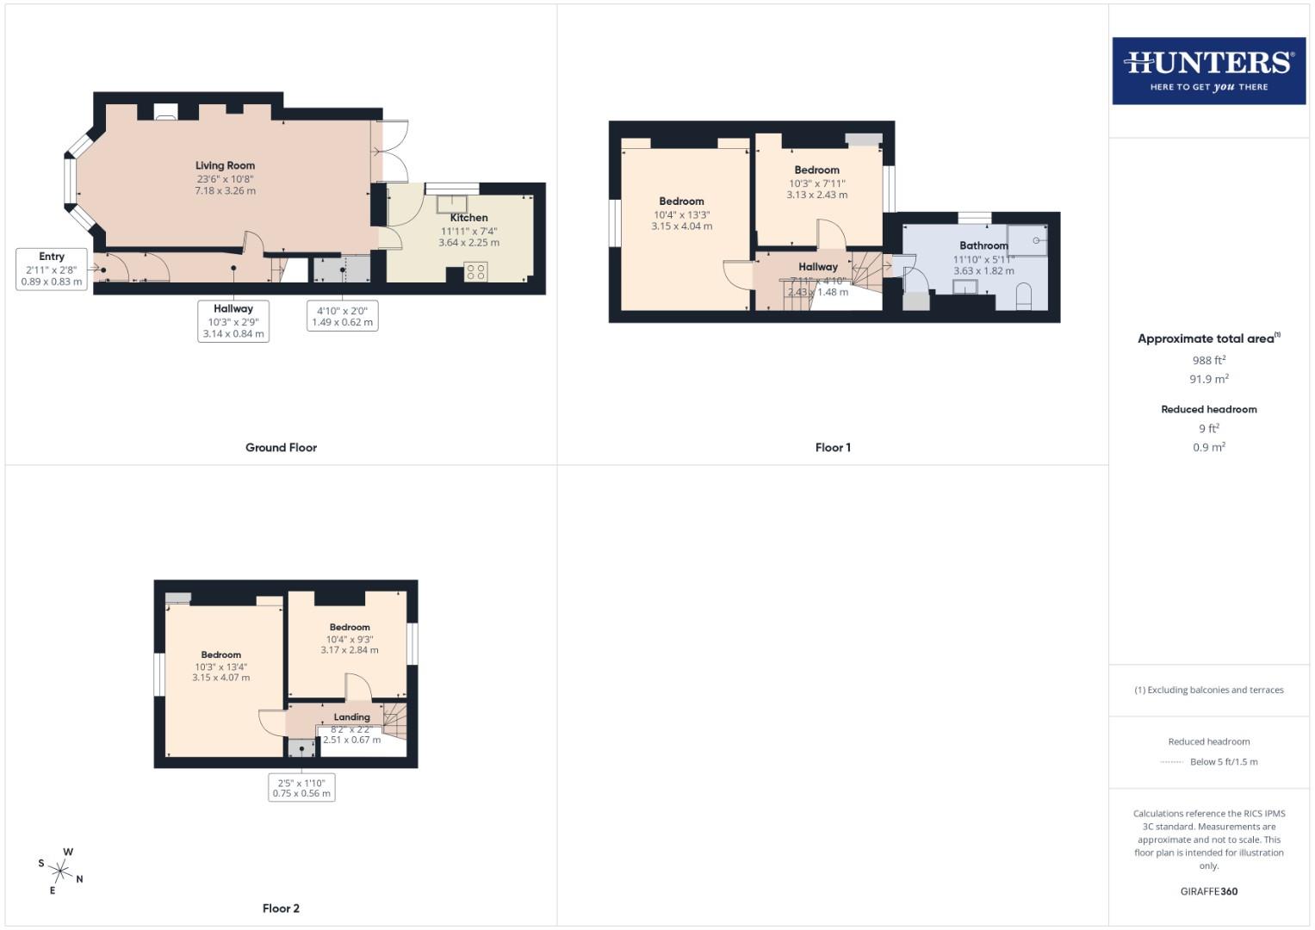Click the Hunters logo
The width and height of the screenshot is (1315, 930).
[x=1208, y=71]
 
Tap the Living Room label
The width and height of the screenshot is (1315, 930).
[x=225, y=165]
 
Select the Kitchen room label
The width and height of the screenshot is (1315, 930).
[x=468, y=218]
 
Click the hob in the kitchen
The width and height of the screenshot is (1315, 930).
[x=475, y=272]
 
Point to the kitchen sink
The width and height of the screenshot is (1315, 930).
[x=451, y=204]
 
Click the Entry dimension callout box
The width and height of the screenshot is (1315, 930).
[x=52, y=269]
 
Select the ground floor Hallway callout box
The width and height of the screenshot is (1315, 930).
[x=233, y=320]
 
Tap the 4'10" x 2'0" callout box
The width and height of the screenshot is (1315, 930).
[x=342, y=316]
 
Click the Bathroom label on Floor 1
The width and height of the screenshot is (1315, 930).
[x=983, y=245]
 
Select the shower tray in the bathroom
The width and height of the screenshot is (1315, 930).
[x=1027, y=240]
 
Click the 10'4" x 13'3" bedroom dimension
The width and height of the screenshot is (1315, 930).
[x=681, y=215]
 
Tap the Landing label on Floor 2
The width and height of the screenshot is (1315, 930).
[x=351, y=716]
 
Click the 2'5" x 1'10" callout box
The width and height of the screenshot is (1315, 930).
[x=301, y=788]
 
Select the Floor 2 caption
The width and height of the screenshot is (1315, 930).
[x=281, y=908]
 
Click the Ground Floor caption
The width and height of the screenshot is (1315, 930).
[x=281, y=448]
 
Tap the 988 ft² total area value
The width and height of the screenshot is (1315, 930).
[x=1208, y=361]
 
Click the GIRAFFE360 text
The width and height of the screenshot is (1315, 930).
[x=1208, y=891]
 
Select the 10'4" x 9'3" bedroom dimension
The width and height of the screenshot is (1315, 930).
[x=349, y=640]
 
